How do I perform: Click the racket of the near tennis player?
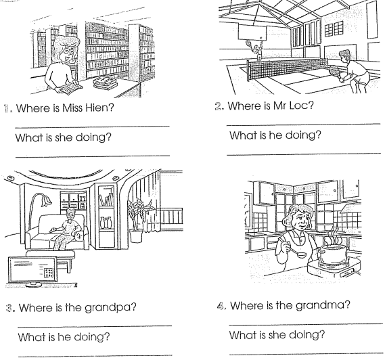pyautogui.click(x=335, y=73)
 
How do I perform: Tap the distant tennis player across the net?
pyautogui.click(x=256, y=51)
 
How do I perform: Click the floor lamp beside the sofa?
pyautogui.click(x=39, y=210)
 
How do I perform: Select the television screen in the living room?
pyautogui.click(x=32, y=269)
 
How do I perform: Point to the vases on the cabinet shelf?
pyautogui.click(x=106, y=222)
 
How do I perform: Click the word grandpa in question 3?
pyautogui.click(x=110, y=308)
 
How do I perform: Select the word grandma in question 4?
pyautogui.click(x=323, y=306)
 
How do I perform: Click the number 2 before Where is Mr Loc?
pyautogui.click(x=218, y=106)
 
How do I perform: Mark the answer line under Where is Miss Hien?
pyautogui.click(x=92, y=127)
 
